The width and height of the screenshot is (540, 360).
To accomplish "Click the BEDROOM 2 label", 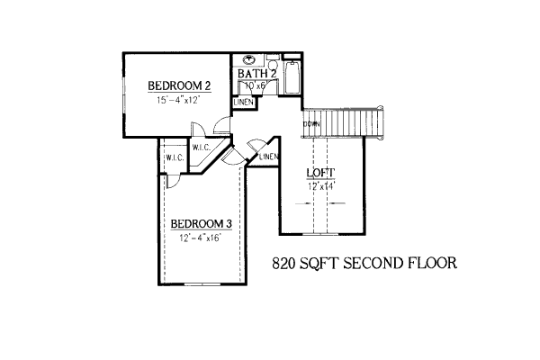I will pos(179,86).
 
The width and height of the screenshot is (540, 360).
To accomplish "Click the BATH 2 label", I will pos(256,74).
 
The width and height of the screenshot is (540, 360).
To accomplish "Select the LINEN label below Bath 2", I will pos(243,103).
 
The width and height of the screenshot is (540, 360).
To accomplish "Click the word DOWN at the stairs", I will pos(312,123).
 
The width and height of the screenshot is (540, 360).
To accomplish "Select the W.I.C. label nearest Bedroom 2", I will pos(201,148).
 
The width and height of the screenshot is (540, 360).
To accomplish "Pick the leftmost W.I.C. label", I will pos(175,158).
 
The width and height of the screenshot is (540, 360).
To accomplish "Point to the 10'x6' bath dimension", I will pos(251,85).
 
